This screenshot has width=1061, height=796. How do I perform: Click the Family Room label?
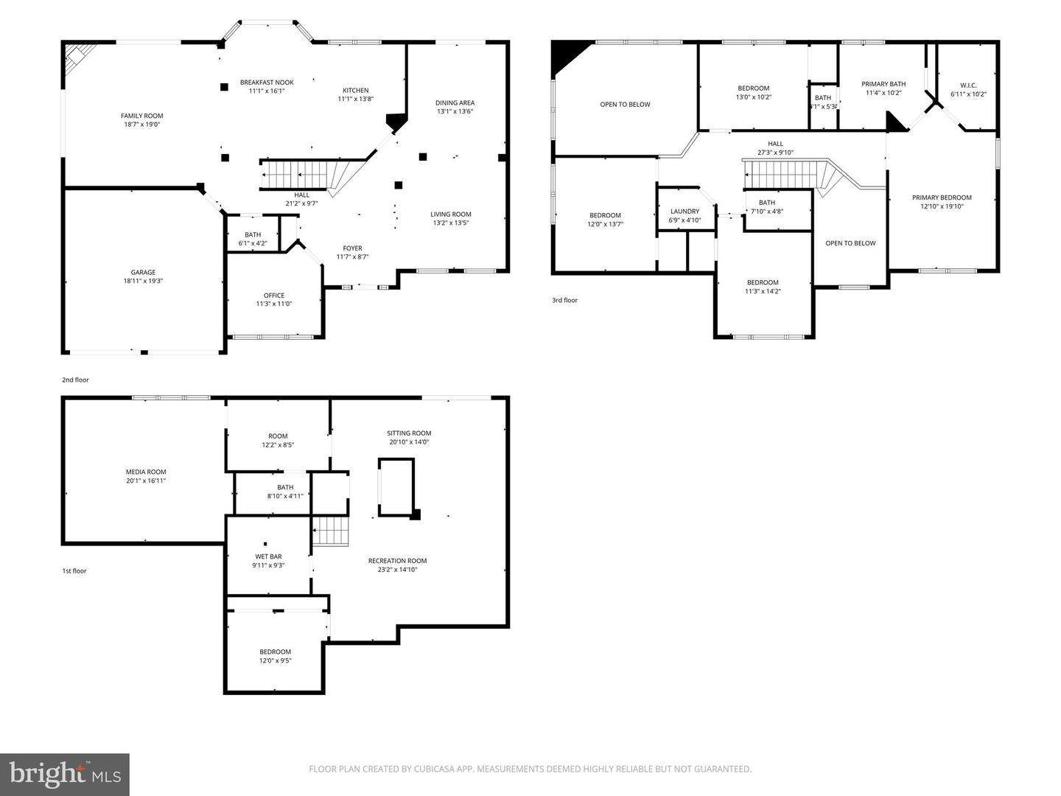(142, 116)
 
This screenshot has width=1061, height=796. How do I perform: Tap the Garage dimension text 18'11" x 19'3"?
(143, 281)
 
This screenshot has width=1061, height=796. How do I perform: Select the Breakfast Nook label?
(267, 83)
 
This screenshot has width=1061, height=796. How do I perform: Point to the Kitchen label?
(355, 91)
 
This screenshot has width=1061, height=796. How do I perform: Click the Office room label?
(274, 296)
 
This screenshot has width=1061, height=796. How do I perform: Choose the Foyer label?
(352, 248)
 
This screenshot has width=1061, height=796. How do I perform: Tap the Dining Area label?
(455, 103)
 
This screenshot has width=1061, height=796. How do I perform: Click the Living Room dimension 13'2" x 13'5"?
(451, 223)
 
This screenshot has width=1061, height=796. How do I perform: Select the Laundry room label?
(684, 212)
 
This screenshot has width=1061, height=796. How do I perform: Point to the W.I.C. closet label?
(968, 85)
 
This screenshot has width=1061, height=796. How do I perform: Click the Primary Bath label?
(883, 84)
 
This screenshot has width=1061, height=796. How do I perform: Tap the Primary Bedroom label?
(942, 198)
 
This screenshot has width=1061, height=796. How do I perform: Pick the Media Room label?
(146, 472)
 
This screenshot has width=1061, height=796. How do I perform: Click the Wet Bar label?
(268, 556)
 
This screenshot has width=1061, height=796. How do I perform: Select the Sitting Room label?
(409, 433)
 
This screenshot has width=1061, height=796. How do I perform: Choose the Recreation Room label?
(397, 561)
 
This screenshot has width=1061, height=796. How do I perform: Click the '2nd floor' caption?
(75, 380)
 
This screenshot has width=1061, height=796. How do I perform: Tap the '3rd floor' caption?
(565, 300)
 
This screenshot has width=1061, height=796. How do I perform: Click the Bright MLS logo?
(65, 774)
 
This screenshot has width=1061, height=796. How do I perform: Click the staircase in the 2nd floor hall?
(295, 175)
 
